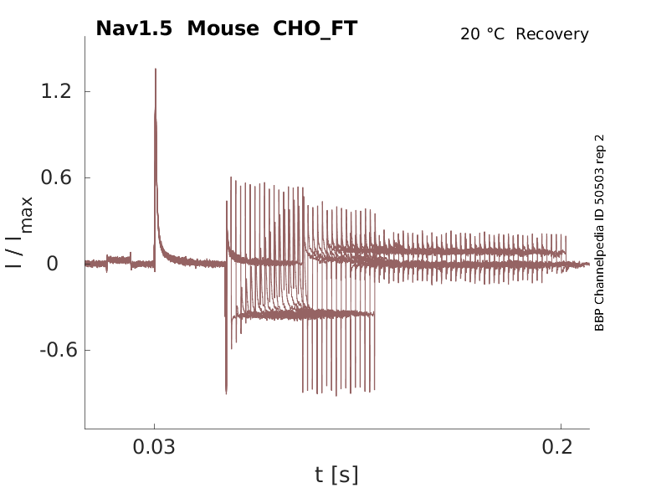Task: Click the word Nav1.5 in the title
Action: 134,28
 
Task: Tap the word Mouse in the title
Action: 223,28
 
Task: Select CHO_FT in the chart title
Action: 315,29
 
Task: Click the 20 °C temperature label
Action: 482,34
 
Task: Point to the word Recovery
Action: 552,34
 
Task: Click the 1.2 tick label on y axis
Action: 56,91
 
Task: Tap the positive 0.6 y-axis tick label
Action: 56,177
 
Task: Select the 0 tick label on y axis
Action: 53,264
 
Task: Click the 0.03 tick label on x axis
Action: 154,447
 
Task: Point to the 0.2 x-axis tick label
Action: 557,447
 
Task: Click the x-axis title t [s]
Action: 336,475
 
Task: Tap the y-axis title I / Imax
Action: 19,232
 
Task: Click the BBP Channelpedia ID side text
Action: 599,233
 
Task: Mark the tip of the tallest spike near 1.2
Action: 156,69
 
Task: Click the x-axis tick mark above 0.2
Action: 561,427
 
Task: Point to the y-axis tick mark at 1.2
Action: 88,91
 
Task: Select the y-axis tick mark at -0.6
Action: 88,350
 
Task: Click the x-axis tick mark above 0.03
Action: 155,427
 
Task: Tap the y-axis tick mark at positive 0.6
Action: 88,177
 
